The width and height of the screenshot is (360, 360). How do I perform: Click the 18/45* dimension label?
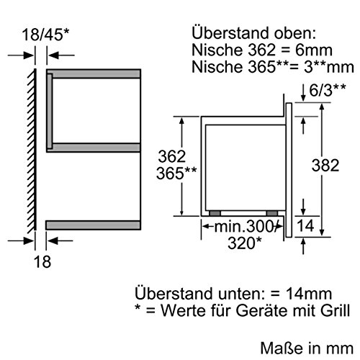(x=45, y=35)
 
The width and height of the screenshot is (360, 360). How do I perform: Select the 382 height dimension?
(x=325, y=165)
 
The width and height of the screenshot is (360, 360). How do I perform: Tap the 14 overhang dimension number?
(x=305, y=225)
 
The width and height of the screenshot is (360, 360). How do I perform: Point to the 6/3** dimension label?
(x=328, y=90)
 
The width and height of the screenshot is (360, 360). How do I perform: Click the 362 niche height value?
(x=172, y=156)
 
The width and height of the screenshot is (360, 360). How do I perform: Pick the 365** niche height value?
(x=176, y=173)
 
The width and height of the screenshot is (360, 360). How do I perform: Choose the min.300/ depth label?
(x=245, y=227)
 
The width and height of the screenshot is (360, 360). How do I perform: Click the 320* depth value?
(x=245, y=243)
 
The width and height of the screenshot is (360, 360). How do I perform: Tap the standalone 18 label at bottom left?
(x=42, y=261)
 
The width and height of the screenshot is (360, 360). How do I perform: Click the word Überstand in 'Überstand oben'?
(x=230, y=32)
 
